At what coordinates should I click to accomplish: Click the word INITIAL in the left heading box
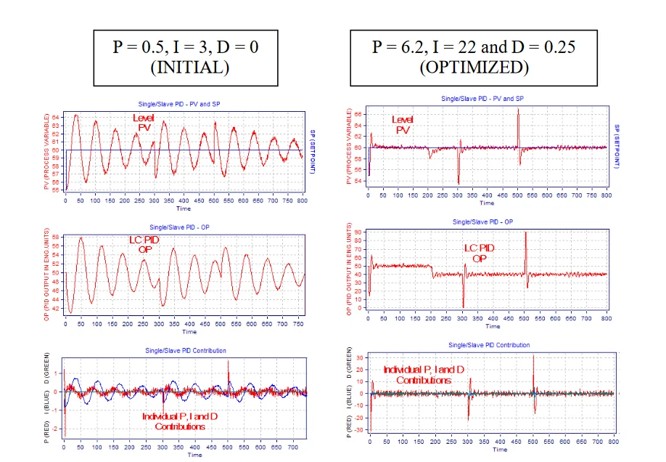(186, 68)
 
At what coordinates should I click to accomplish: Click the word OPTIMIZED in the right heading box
(473, 68)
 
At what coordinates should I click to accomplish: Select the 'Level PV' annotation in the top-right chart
(403, 124)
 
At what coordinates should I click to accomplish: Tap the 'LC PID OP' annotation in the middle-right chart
(480, 254)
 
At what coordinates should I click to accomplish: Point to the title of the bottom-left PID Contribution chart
(186, 350)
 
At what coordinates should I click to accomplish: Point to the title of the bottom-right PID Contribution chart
(489, 345)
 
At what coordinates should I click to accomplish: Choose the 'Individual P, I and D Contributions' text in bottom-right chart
(424, 375)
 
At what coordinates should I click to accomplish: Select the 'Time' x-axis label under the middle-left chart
(189, 332)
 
